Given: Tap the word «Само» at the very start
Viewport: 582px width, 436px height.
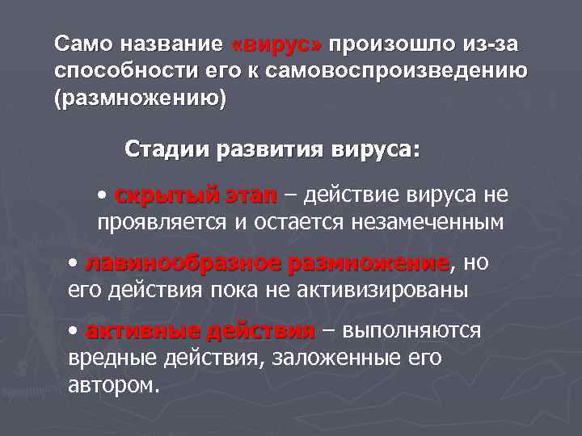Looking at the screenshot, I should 80,43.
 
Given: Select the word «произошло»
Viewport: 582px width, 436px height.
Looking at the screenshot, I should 377,43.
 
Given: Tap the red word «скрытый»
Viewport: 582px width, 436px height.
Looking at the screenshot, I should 167,196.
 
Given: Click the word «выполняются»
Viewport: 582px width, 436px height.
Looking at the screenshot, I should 412,332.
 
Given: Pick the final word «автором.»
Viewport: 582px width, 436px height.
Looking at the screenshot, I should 113,384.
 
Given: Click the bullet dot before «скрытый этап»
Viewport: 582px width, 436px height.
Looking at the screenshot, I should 101,196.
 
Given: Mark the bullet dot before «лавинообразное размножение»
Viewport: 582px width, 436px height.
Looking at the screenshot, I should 74,264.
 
